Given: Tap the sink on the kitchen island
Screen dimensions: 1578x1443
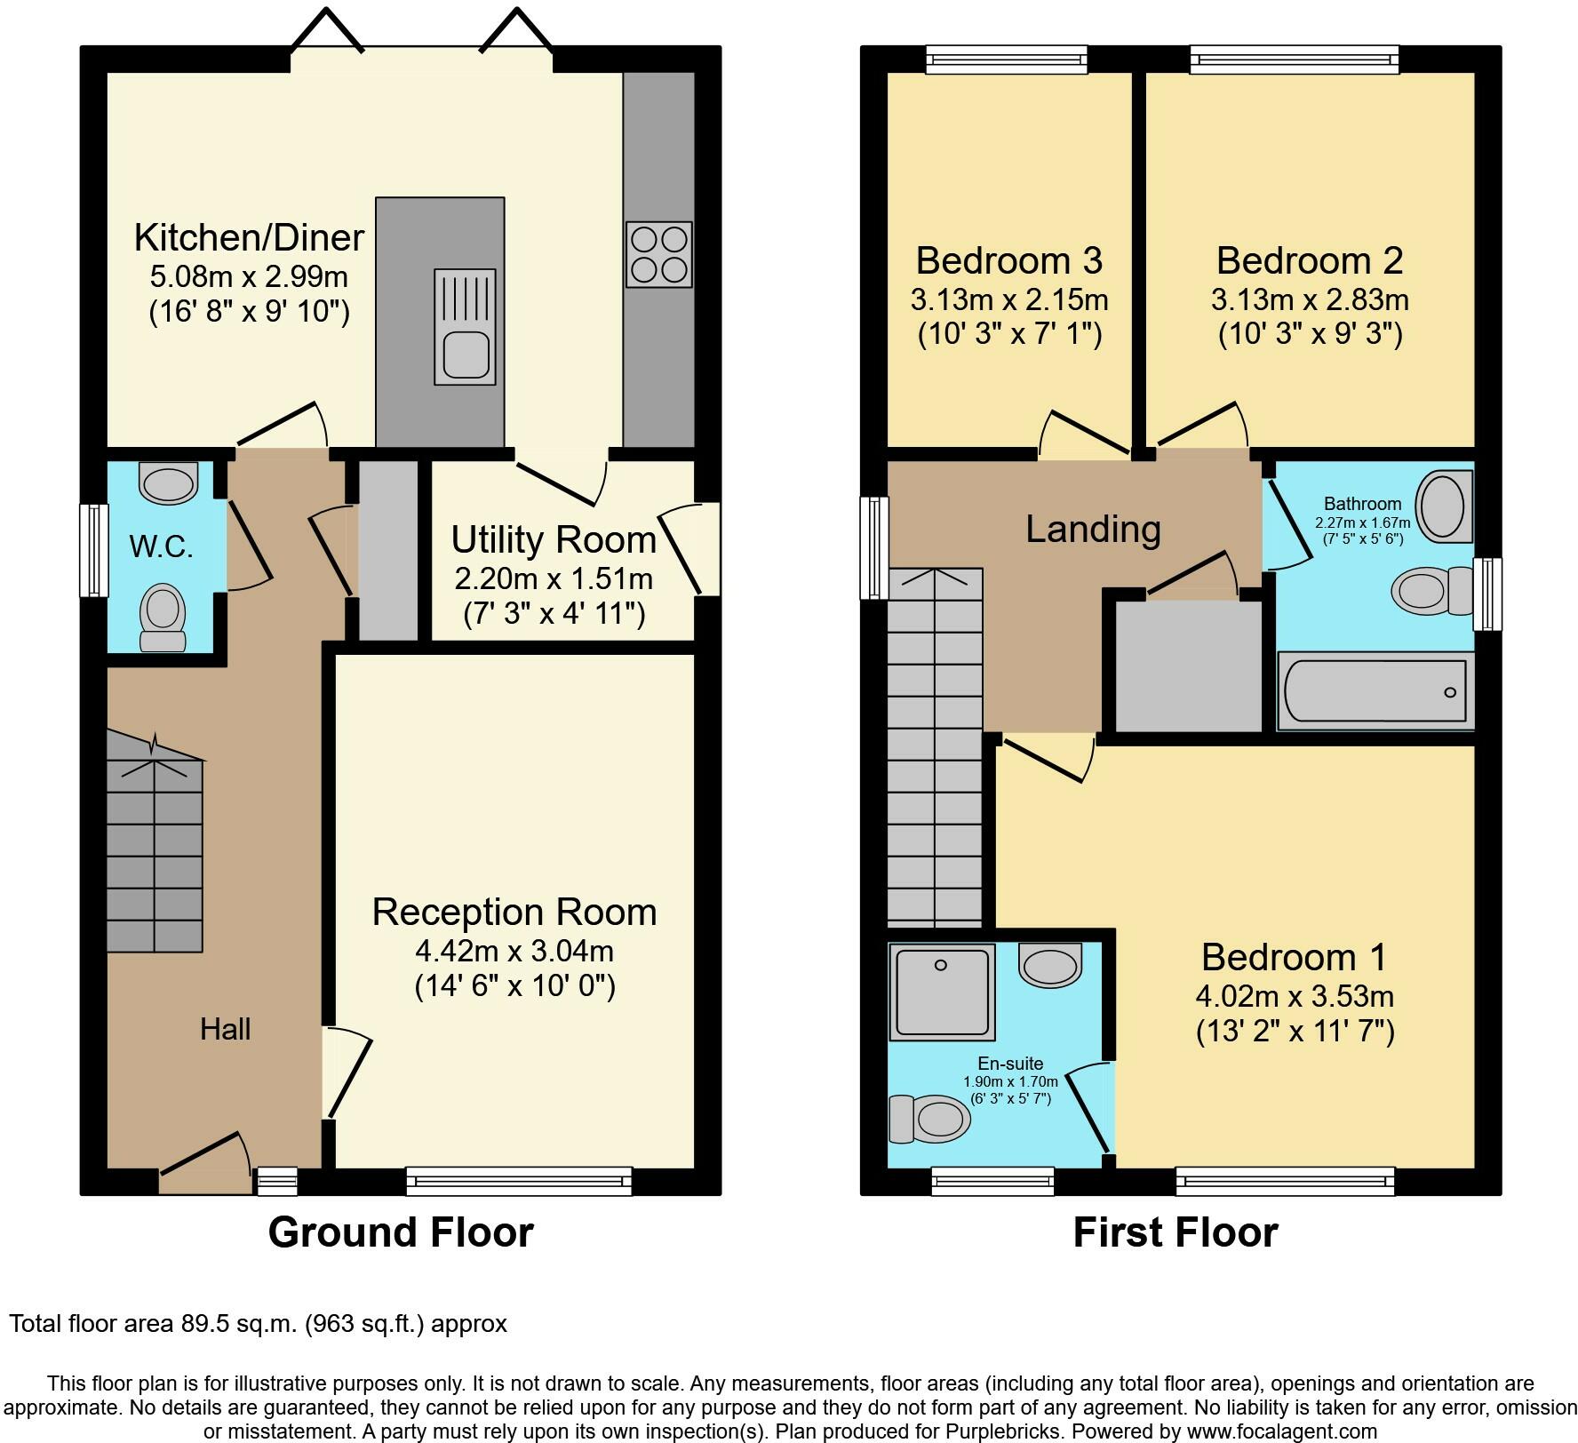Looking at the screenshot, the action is (x=465, y=327).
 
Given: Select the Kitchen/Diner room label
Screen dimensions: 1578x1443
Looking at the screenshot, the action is (x=249, y=237).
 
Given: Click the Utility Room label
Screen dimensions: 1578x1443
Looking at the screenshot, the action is (x=554, y=539).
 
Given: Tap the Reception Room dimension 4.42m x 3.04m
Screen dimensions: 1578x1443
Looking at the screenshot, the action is (x=514, y=951).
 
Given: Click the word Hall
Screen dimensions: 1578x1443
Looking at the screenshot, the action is (x=225, y=1029).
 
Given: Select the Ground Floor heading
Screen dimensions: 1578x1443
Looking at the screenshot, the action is (x=401, y=1232).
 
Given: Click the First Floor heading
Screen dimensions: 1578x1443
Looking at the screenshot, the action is (x=1176, y=1232).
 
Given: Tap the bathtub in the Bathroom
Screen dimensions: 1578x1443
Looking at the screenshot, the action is (x=1375, y=691).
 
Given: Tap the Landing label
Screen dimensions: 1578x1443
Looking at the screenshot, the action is (x=1093, y=529).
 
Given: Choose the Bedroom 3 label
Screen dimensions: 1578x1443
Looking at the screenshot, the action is (x=1009, y=260).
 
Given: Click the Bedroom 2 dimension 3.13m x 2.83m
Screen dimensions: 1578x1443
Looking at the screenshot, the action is (x=1310, y=299).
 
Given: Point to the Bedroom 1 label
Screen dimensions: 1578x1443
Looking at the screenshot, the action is (x=1294, y=957).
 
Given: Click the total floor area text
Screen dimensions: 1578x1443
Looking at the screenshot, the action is (x=259, y=1324).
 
